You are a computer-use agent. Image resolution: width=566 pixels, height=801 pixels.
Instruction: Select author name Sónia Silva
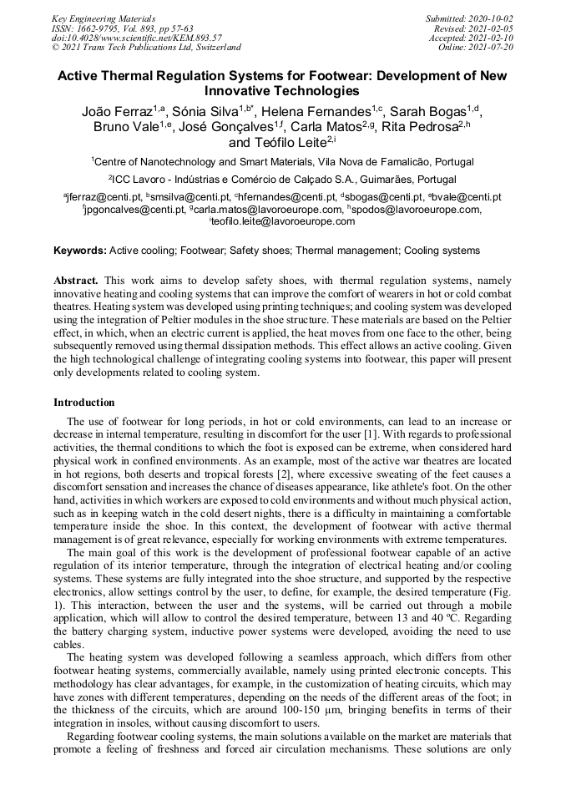click(205, 112)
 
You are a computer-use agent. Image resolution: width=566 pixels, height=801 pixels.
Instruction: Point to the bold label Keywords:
click(80, 251)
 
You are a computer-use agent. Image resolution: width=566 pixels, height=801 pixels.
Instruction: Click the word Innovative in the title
click(241, 90)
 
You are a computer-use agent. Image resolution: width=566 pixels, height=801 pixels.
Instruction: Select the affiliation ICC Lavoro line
click(283, 179)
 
